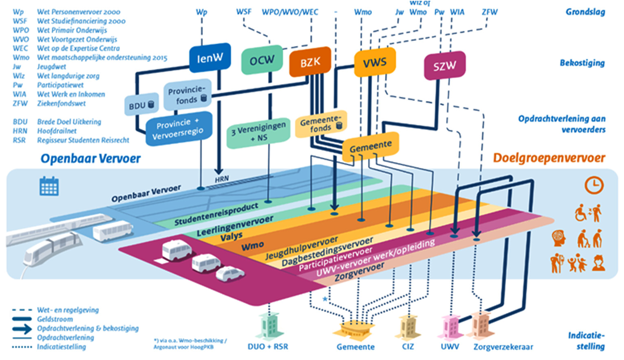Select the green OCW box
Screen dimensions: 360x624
pyautogui.click(x=261, y=62)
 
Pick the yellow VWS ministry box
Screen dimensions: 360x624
pyautogui.click(x=374, y=61)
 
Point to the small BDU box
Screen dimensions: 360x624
pyautogui.click(x=142, y=104)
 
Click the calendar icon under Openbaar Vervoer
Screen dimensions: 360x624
pyautogui.click(x=49, y=186)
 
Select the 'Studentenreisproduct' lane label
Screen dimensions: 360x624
pyautogui.click(x=217, y=214)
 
